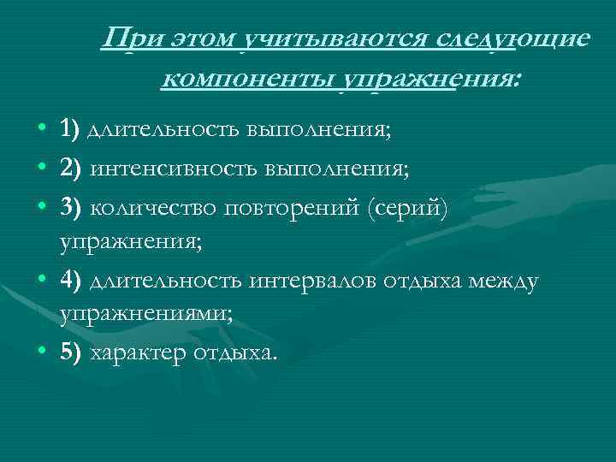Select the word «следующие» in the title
click(513, 39)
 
